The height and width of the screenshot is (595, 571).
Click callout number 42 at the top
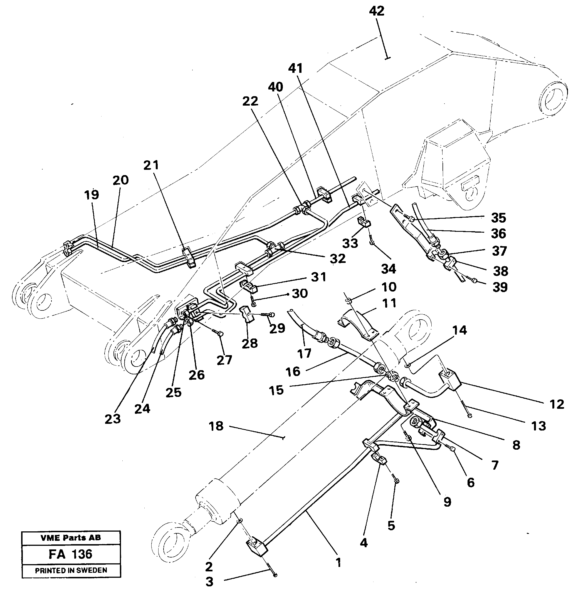[x=377, y=11]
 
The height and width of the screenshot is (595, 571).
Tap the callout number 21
[x=151, y=165]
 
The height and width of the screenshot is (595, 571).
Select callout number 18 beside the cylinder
[x=216, y=426]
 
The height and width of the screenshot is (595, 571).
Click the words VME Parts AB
[x=70, y=538]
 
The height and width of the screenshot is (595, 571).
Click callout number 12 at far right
[x=557, y=404]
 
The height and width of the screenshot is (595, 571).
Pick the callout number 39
[x=500, y=287]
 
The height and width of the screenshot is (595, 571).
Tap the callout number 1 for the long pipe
[x=338, y=563]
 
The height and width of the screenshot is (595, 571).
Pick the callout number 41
[x=295, y=69]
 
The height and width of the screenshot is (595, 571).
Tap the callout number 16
[x=293, y=372]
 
